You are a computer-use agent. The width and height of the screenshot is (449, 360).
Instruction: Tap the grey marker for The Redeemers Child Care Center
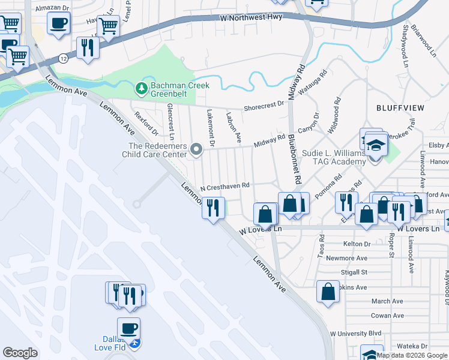[196, 148]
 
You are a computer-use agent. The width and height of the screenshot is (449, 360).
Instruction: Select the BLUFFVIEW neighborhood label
[400, 108]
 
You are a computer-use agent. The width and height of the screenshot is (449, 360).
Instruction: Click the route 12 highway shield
[63, 58]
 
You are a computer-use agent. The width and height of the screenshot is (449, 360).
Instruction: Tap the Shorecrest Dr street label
[264, 107]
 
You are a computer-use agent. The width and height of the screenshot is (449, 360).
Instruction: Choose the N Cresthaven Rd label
[224, 187]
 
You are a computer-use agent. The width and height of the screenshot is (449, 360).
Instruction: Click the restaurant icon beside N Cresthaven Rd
[212, 208]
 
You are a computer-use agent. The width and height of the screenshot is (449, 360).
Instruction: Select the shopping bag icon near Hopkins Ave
[328, 292]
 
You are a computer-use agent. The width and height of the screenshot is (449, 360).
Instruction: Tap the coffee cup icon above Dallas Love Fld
[128, 329]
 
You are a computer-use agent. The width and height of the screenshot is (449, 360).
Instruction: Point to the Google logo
[20, 353]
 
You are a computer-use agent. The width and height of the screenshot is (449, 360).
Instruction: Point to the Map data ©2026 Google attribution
[412, 355]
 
